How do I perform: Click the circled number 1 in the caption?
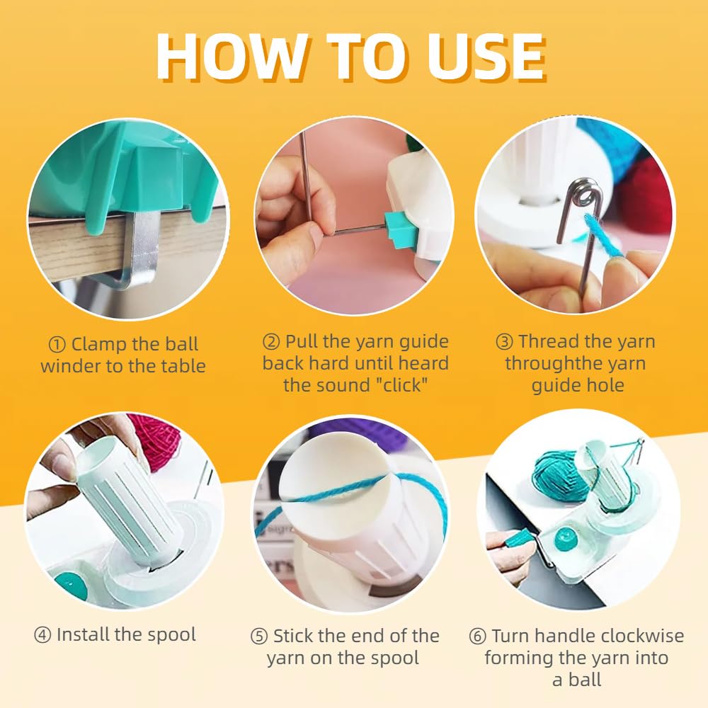(57, 346)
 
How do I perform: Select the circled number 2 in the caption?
(271, 342)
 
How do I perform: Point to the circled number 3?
(504, 342)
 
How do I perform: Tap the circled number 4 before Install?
(42, 635)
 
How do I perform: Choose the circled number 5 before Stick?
(259, 636)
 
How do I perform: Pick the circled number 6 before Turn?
(477, 636)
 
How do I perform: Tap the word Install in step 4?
(83, 635)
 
